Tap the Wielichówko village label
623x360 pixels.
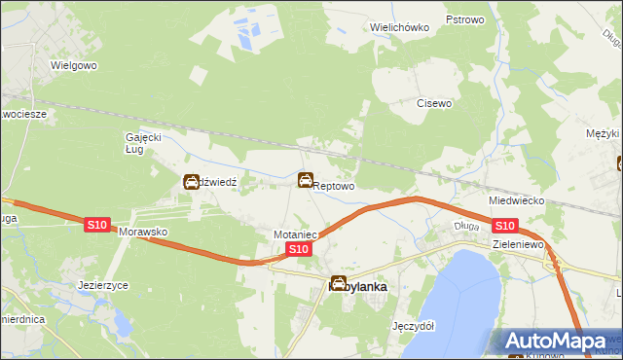pyautogui.click(x=400, y=27)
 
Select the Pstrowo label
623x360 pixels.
pyautogui.click(x=464, y=19)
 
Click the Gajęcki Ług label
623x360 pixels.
pyautogui.click(x=142, y=143)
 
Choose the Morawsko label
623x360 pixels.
pyautogui.click(x=144, y=234)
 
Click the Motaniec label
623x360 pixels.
pyautogui.click(x=296, y=234)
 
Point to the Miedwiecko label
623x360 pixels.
pyautogui.click(x=516, y=200)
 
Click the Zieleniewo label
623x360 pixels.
pyautogui.click(x=517, y=244)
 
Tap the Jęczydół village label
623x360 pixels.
pyautogui.click(x=411, y=326)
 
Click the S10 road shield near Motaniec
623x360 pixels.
pyautogui.click(x=299, y=250)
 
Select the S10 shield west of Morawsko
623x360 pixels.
pyautogui.click(x=95, y=225)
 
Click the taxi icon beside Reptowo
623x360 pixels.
pyautogui.click(x=306, y=180)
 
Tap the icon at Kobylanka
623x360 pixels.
pyautogui.click(x=339, y=284)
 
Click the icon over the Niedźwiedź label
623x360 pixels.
pyautogui.click(x=192, y=181)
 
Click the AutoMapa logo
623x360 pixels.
pyautogui.click(x=556, y=341)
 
